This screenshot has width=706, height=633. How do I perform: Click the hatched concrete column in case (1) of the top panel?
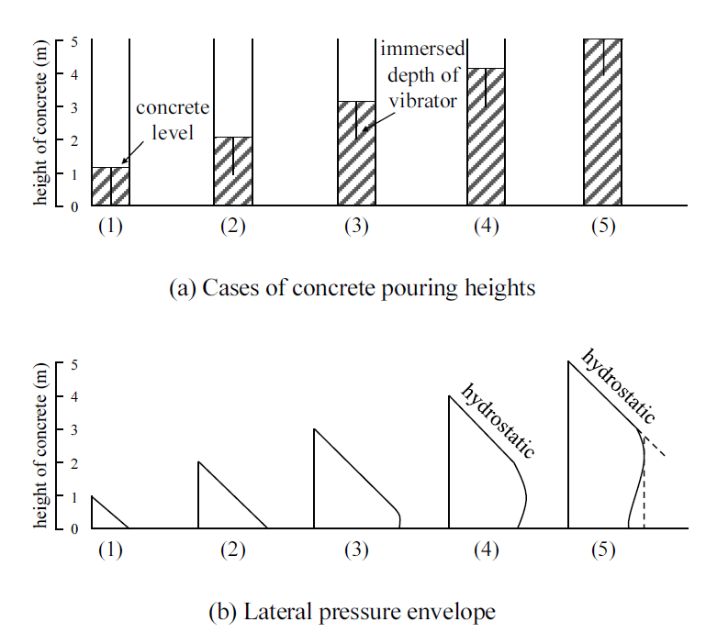pyautogui.click(x=110, y=186)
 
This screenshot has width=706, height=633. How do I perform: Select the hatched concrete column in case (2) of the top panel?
pyautogui.click(x=233, y=172)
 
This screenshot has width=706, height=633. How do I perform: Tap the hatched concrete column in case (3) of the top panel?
pyautogui.click(x=357, y=154)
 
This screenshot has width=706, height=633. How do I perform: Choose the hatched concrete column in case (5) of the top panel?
pyautogui.click(x=603, y=123)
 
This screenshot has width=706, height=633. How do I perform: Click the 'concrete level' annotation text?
pyautogui.click(x=166, y=120)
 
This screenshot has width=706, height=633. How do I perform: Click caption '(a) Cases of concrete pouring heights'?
pyautogui.click(x=353, y=288)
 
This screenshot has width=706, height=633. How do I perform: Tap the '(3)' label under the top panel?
pyautogui.click(x=355, y=227)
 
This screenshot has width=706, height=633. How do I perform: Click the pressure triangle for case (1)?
pyautogui.click(x=102, y=517)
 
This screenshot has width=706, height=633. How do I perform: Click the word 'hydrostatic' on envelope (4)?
pyautogui.click(x=497, y=420)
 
